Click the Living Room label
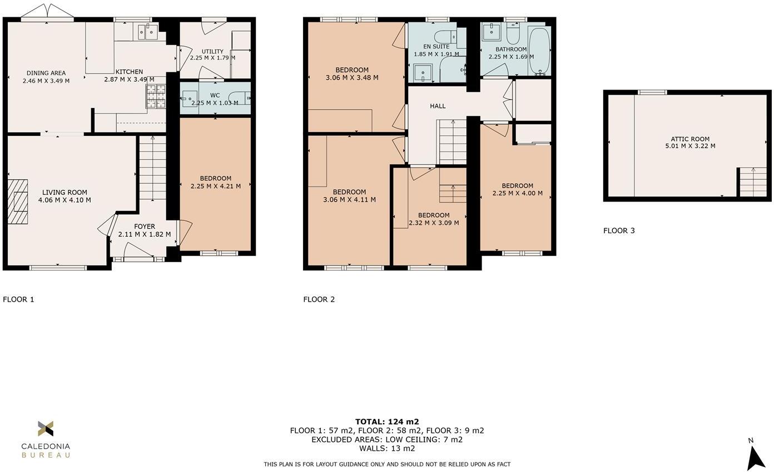64,193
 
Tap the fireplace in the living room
18,201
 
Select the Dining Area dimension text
46,81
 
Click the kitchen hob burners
156,96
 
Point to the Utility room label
212,51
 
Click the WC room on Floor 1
215,99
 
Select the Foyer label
145,227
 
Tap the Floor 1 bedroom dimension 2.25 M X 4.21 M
216,186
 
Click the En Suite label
436,47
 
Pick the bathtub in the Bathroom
539,51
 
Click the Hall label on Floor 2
438,106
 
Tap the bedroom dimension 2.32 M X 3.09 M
434,223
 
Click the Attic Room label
690,139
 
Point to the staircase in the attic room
752,182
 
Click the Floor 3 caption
619,230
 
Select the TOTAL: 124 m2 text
387,421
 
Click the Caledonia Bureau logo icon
46,429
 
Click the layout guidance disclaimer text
387,464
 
